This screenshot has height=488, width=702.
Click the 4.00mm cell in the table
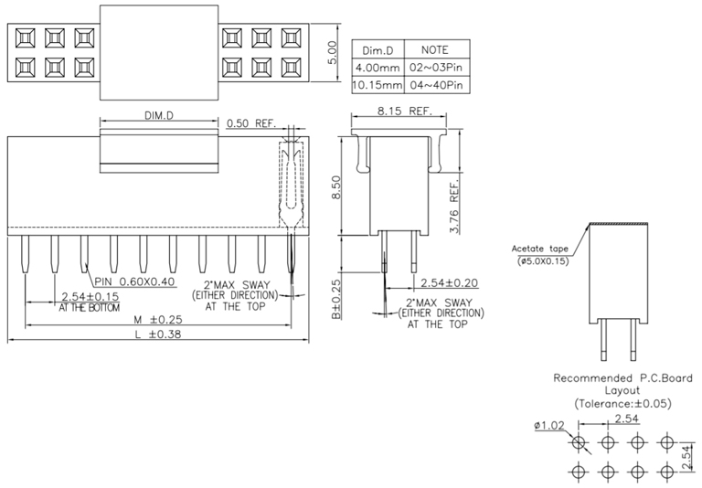(x=378, y=68)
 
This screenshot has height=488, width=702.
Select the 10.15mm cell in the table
(x=378, y=85)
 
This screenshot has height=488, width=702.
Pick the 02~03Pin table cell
(x=436, y=68)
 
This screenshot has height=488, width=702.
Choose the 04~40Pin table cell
(x=436, y=85)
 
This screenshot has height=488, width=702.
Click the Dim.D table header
(x=378, y=49)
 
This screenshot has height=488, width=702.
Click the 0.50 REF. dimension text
(x=250, y=123)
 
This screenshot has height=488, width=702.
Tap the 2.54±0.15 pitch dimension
(x=89, y=297)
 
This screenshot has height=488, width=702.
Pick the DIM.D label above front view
(x=158, y=116)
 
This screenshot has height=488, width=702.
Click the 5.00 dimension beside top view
(x=333, y=49)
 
